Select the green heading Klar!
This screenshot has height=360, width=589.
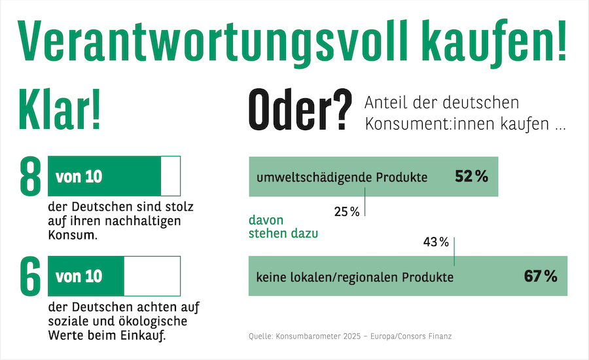(x=60, y=109)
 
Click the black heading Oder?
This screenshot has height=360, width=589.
(x=300, y=109)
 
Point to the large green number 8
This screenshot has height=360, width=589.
(x=30, y=176)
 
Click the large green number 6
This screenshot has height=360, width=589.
(x=30, y=276)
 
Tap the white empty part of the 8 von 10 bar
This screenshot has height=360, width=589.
(x=171, y=176)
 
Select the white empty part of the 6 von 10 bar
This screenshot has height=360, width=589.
(x=152, y=276)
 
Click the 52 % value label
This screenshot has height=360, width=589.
(x=471, y=176)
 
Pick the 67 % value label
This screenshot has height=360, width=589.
(x=541, y=276)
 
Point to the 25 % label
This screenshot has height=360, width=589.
(x=347, y=212)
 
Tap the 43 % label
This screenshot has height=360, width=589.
(x=436, y=242)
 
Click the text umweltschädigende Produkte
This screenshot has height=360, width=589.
(x=342, y=177)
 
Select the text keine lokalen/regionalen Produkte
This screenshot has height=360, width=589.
(x=355, y=278)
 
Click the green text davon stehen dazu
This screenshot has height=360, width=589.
(x=283, y=226)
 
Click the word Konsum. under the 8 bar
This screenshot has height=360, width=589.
(x=73, y=235)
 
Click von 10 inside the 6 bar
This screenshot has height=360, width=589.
(x=79, y=277)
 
